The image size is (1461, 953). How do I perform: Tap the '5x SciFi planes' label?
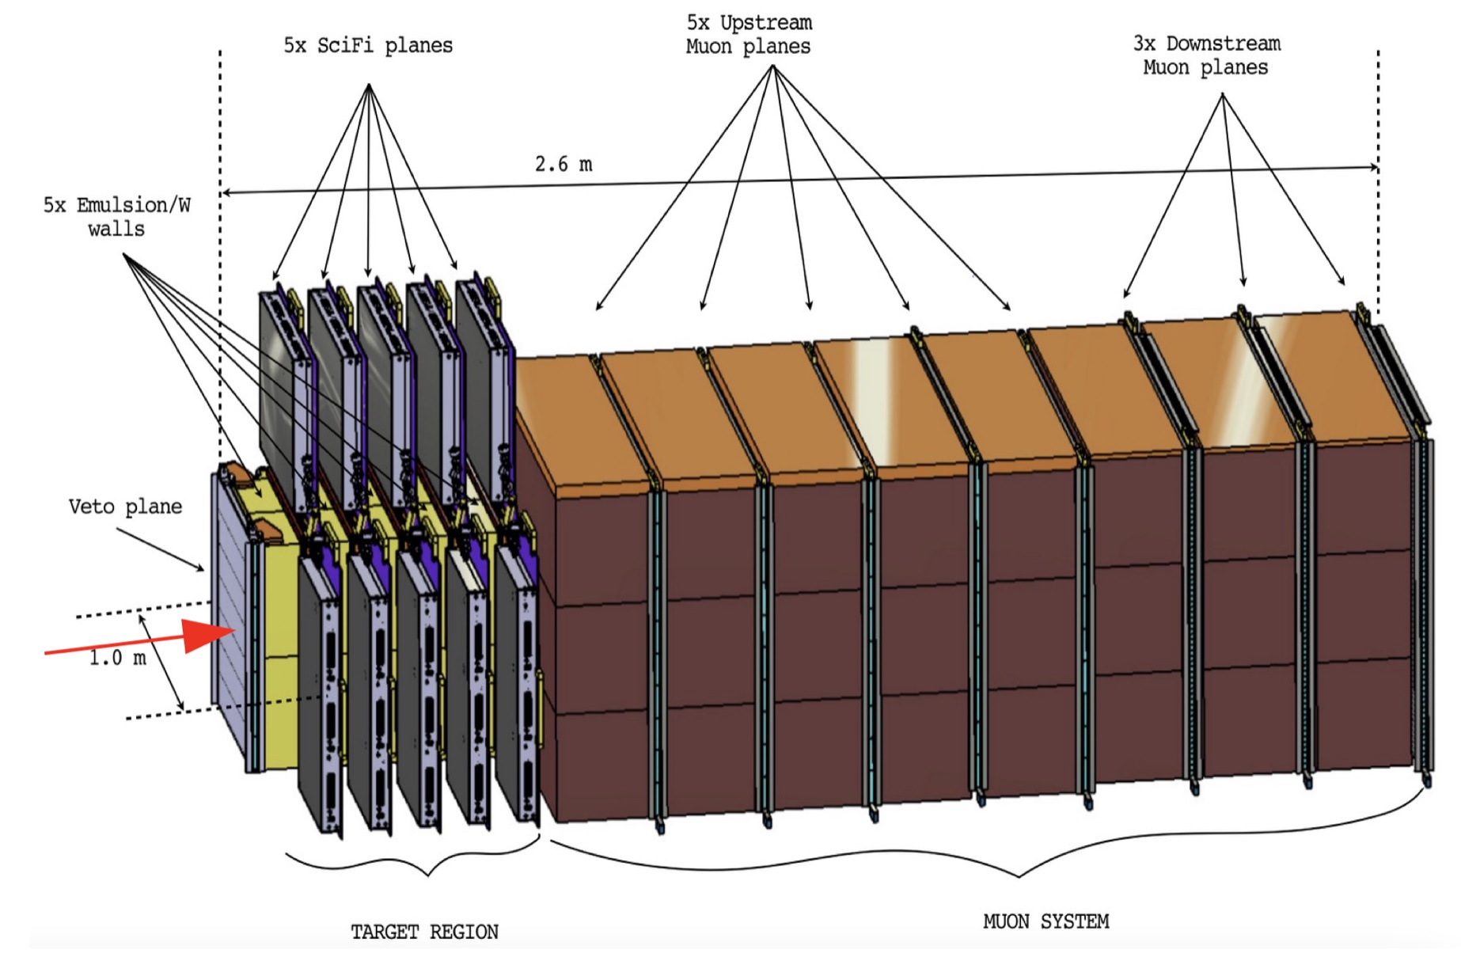pyautogui.click(x=368, y=45)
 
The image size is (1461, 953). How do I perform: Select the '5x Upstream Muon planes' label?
pyautogui.click(x=748, y=35)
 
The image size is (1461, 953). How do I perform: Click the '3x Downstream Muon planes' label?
pyautogui.click(x=1206, y=55)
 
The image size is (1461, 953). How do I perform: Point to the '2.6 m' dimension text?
pyautogui.click(x=563, y=164)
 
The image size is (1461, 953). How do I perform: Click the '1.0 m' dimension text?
pyautogui.click(x=117, y=658)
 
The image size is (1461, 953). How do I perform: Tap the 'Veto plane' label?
pyautogui.click(x=125, y=507)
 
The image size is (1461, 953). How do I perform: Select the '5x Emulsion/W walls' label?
pyautogui.click(x=116, y=217)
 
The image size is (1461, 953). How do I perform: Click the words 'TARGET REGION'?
pyautogui.click(x=424, y=932)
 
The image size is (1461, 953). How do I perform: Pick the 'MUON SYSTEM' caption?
pyautogui.click(x=1045, y=921)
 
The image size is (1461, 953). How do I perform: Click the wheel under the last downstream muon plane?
pyautogui.click(x=1427, y=780)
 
